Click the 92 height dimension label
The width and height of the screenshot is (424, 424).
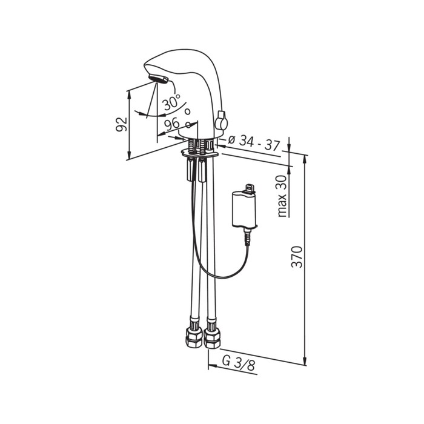point(121,124)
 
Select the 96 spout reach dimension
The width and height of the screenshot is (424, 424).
point(172,124)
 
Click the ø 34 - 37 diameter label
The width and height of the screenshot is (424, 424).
point(253,143)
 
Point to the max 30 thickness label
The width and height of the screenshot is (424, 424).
point(282,196)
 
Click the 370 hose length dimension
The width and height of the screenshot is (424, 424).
point(297,257)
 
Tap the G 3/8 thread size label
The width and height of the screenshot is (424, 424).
point(238,363)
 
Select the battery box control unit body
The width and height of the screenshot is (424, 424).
point(243,209)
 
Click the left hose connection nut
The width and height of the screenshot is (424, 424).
point(193,337)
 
